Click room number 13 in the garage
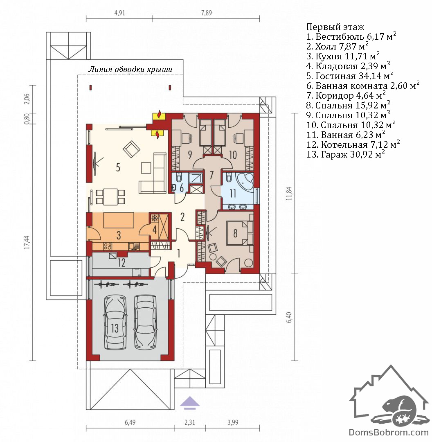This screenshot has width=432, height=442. click(115, 328)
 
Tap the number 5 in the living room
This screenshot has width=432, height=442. click(118, 167)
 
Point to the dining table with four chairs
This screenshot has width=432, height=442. click(110, 197)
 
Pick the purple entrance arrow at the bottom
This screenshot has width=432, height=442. click(190, 402)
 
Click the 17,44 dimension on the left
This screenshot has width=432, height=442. click(27, 242)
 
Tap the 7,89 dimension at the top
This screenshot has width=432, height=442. click(207, 13)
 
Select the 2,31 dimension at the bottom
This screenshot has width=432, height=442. click(190, 422)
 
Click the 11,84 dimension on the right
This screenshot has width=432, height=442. click(289, 193)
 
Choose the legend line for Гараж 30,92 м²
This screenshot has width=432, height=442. click(346, 154)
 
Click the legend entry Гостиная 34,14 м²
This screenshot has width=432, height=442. click(350, 76)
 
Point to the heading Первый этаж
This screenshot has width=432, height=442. click(335, 27)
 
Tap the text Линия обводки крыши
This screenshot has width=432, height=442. click(130, 69)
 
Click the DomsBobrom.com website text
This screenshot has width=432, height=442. click(389, 432)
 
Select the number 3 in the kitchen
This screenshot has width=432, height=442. click(119, 235)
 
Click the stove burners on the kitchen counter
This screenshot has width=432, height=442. click(107, 246)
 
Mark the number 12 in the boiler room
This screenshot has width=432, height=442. click(122, 262)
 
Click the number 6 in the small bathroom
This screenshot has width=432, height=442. click(182, 188)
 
